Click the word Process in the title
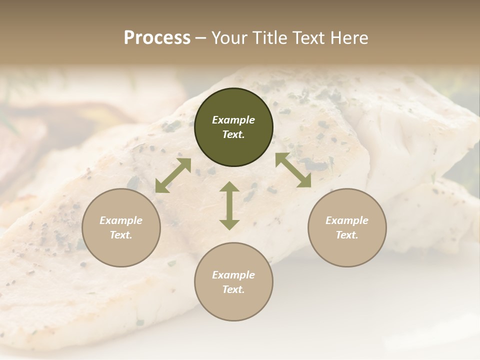tap(157, 38)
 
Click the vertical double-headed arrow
tap(229, 205)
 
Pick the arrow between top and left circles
tap(173, 175)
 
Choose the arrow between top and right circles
tap(293, 170)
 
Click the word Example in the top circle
tap(233, 120)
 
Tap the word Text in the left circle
tap(121, 235)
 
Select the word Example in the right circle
tap(347, 220)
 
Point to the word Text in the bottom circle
tap(233, 289)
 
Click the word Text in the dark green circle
tap(233, 134)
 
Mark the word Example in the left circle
tap(121, 220)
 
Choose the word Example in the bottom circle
tap(233, 275)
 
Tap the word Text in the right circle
tap(347, 235)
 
